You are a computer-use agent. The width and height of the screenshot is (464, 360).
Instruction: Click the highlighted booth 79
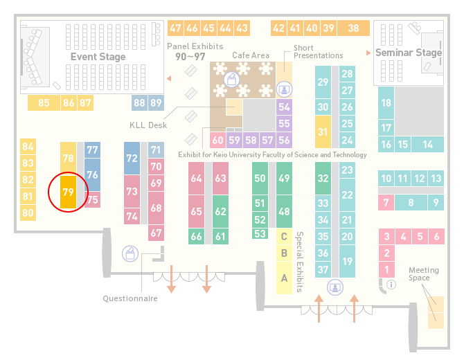[x=68, y=192]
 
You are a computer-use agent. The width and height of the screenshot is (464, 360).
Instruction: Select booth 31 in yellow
[x=323, y=132]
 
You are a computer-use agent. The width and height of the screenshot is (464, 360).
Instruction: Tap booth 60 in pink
[x=217, y=140]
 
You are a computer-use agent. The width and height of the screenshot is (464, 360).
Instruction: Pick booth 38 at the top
[x=354, y=28]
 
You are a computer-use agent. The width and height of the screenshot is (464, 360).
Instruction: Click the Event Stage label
[x=98, y=57]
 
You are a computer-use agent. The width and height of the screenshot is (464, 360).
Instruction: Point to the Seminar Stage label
[x=409, y=53]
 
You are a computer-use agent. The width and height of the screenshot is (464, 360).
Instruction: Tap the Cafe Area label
[x=251, y=55]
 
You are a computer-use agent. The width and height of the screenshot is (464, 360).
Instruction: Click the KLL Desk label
[x=148, y=125]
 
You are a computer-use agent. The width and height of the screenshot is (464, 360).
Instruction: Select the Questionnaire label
[x=130, y=298]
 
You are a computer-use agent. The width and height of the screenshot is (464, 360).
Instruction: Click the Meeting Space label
[x=423, y=273]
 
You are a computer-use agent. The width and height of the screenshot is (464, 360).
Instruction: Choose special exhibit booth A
[x=284, y=278]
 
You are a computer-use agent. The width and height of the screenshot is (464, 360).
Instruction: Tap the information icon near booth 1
[x=391, y=285]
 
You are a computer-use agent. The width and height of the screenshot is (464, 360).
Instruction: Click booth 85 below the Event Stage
[x=44, y=102]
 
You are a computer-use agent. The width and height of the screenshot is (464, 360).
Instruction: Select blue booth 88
[x=139, y=102]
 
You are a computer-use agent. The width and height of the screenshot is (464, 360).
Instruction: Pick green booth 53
[x=260, y=234]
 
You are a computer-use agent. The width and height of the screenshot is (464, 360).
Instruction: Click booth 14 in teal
[x=427, y=144]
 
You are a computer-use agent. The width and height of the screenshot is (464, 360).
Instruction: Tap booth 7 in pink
[x=386, y=202]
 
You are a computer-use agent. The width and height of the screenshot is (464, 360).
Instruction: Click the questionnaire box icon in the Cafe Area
[x=231, y=80]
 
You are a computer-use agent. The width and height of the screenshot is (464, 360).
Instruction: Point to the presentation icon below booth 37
[x=335, y=287]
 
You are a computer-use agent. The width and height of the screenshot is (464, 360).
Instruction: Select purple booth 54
[x=284, y=107]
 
